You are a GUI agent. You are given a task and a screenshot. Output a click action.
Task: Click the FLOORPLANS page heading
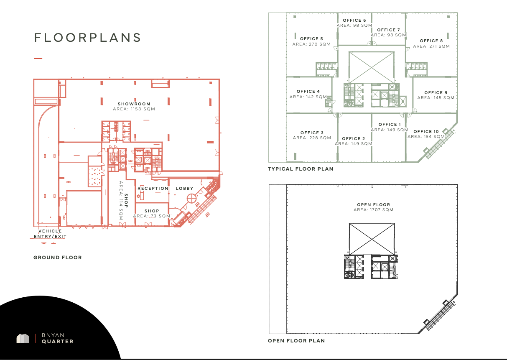(88, 37)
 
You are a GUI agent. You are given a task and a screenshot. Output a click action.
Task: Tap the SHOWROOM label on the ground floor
(134, 104)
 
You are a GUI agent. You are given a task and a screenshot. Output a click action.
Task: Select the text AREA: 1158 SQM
(134, 109)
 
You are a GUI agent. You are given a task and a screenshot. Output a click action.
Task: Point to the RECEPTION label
(153, 189)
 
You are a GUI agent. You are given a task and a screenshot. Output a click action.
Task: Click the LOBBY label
(184, 189)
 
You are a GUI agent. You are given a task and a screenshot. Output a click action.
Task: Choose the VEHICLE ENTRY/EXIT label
(50, 234)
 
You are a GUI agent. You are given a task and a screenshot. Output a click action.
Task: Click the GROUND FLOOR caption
(58, 258)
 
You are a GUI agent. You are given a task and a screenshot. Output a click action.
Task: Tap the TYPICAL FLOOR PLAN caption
(301, 169)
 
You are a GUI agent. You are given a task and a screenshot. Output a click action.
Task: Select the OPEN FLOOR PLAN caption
(296, 341)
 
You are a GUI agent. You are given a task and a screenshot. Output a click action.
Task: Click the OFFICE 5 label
(311, 39)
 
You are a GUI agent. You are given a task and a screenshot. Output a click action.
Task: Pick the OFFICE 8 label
(431, 41)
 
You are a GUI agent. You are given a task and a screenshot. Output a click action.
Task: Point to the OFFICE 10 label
(426, 132)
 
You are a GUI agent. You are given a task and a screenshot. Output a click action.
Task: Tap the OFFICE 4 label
(308, 92)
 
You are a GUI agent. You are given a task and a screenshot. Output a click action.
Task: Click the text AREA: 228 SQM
(312, 138)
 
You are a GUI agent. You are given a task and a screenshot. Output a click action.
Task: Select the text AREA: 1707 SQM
(374, 210)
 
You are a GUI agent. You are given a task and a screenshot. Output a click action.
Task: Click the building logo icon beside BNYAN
(23, 339)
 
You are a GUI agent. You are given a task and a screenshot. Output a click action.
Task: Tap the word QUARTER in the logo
(58, 342)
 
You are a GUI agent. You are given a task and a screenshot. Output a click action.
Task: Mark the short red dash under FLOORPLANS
(38, 59)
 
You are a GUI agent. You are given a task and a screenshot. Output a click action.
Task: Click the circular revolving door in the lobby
(192, 199)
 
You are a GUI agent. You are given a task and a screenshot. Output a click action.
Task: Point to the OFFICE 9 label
(436, 92)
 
